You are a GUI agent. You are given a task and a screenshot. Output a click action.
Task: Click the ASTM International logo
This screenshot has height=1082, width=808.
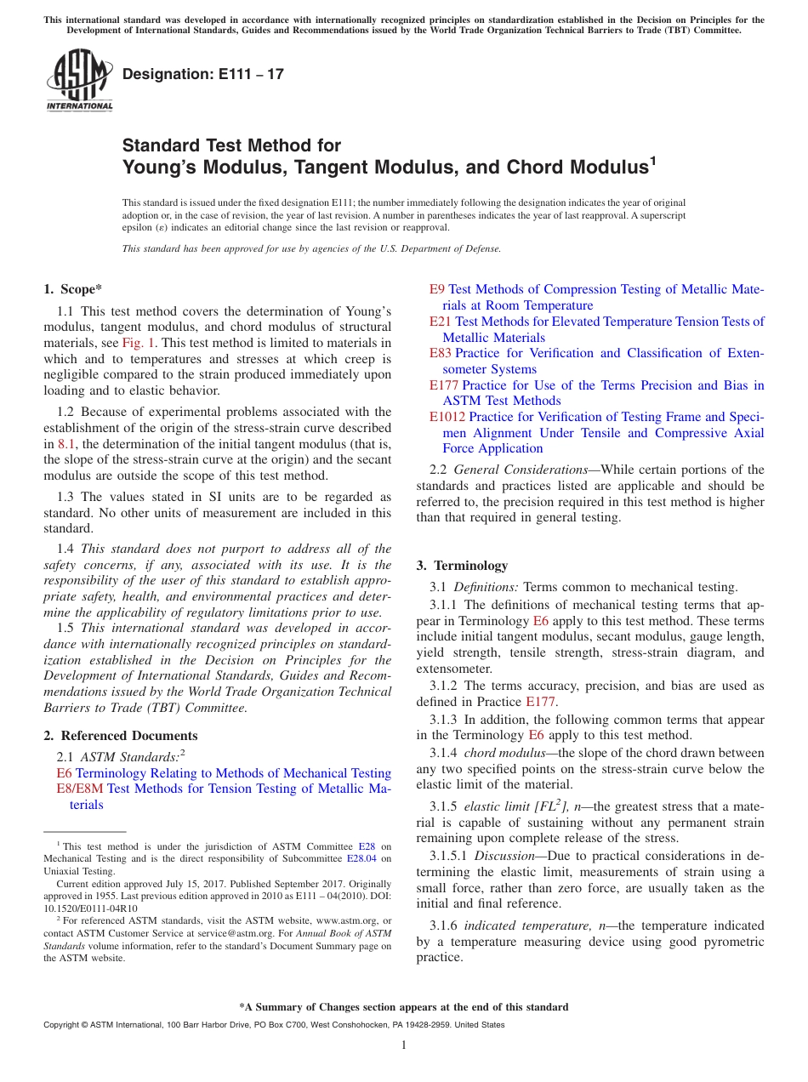(78, 79)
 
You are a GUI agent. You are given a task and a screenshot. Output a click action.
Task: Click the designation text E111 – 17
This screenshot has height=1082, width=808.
(203, 75)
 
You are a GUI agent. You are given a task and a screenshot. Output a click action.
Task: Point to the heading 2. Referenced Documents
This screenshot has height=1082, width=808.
(121, 736)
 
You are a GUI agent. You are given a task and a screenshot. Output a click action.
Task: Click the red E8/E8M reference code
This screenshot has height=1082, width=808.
(79, 789)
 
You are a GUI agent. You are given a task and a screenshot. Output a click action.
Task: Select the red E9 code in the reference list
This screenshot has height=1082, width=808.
(436, 289)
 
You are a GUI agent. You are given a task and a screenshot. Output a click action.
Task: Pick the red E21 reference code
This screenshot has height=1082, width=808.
(440, 322)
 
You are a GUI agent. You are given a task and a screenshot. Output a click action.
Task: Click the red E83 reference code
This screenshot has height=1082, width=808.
(440, 353)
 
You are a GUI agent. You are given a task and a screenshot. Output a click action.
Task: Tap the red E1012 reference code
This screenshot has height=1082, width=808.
(447, 417)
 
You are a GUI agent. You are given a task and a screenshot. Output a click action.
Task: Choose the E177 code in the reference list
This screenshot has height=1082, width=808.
(443, 385)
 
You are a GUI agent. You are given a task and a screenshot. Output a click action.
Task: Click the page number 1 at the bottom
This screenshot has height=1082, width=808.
(404, 1045)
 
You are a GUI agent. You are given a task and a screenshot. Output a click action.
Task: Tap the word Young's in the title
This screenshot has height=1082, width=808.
(164, 168)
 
